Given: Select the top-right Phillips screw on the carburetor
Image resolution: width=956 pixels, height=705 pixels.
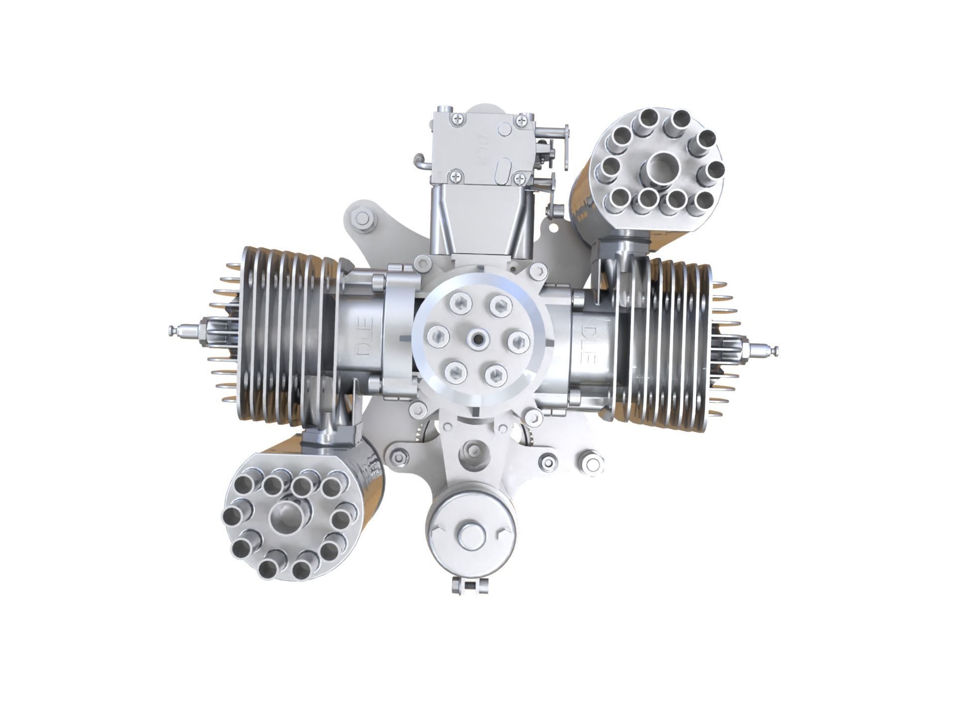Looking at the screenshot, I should coord(521,119).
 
